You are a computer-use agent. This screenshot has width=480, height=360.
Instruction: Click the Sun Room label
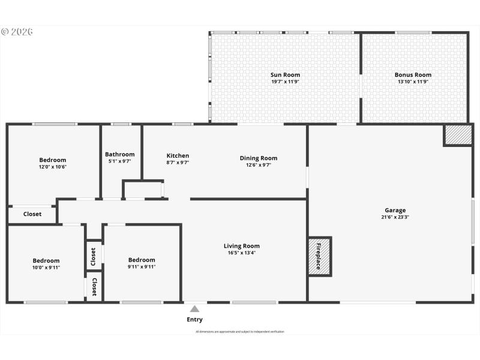coord(285,75)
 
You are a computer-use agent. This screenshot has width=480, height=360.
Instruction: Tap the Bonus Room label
coord(413,75)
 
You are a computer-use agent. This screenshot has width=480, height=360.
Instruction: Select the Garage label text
coord(395,210)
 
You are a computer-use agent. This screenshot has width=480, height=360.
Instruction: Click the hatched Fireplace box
coord(319,257)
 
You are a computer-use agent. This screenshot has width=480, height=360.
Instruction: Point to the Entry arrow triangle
coord(194,309)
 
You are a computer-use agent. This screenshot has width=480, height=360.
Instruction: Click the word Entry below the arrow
coord(194,320)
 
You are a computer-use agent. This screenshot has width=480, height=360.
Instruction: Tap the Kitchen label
coord(178,156)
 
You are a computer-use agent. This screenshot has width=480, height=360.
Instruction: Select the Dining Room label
coord(259,158)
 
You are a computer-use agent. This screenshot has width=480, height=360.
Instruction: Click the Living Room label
coord(242,246)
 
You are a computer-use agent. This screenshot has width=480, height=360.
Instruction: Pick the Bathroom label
coord(120,154)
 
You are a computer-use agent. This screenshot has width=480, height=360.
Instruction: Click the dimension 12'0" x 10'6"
coord(53,167)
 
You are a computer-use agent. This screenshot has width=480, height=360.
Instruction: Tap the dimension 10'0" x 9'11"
coord(46,268)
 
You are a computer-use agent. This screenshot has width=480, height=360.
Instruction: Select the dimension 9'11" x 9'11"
coord(142,267)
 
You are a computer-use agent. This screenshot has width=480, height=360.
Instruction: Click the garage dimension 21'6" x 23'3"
coord(395,217)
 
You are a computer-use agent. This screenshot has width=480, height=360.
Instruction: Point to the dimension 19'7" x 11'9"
coord(285,82)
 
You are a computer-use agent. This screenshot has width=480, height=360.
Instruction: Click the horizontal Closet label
coord(32,214)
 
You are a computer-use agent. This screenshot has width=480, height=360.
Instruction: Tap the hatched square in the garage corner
coord(457,135)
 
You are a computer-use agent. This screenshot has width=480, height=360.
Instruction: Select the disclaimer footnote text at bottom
coord(240,331)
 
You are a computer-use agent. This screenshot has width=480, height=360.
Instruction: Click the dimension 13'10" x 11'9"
coord(413,82)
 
